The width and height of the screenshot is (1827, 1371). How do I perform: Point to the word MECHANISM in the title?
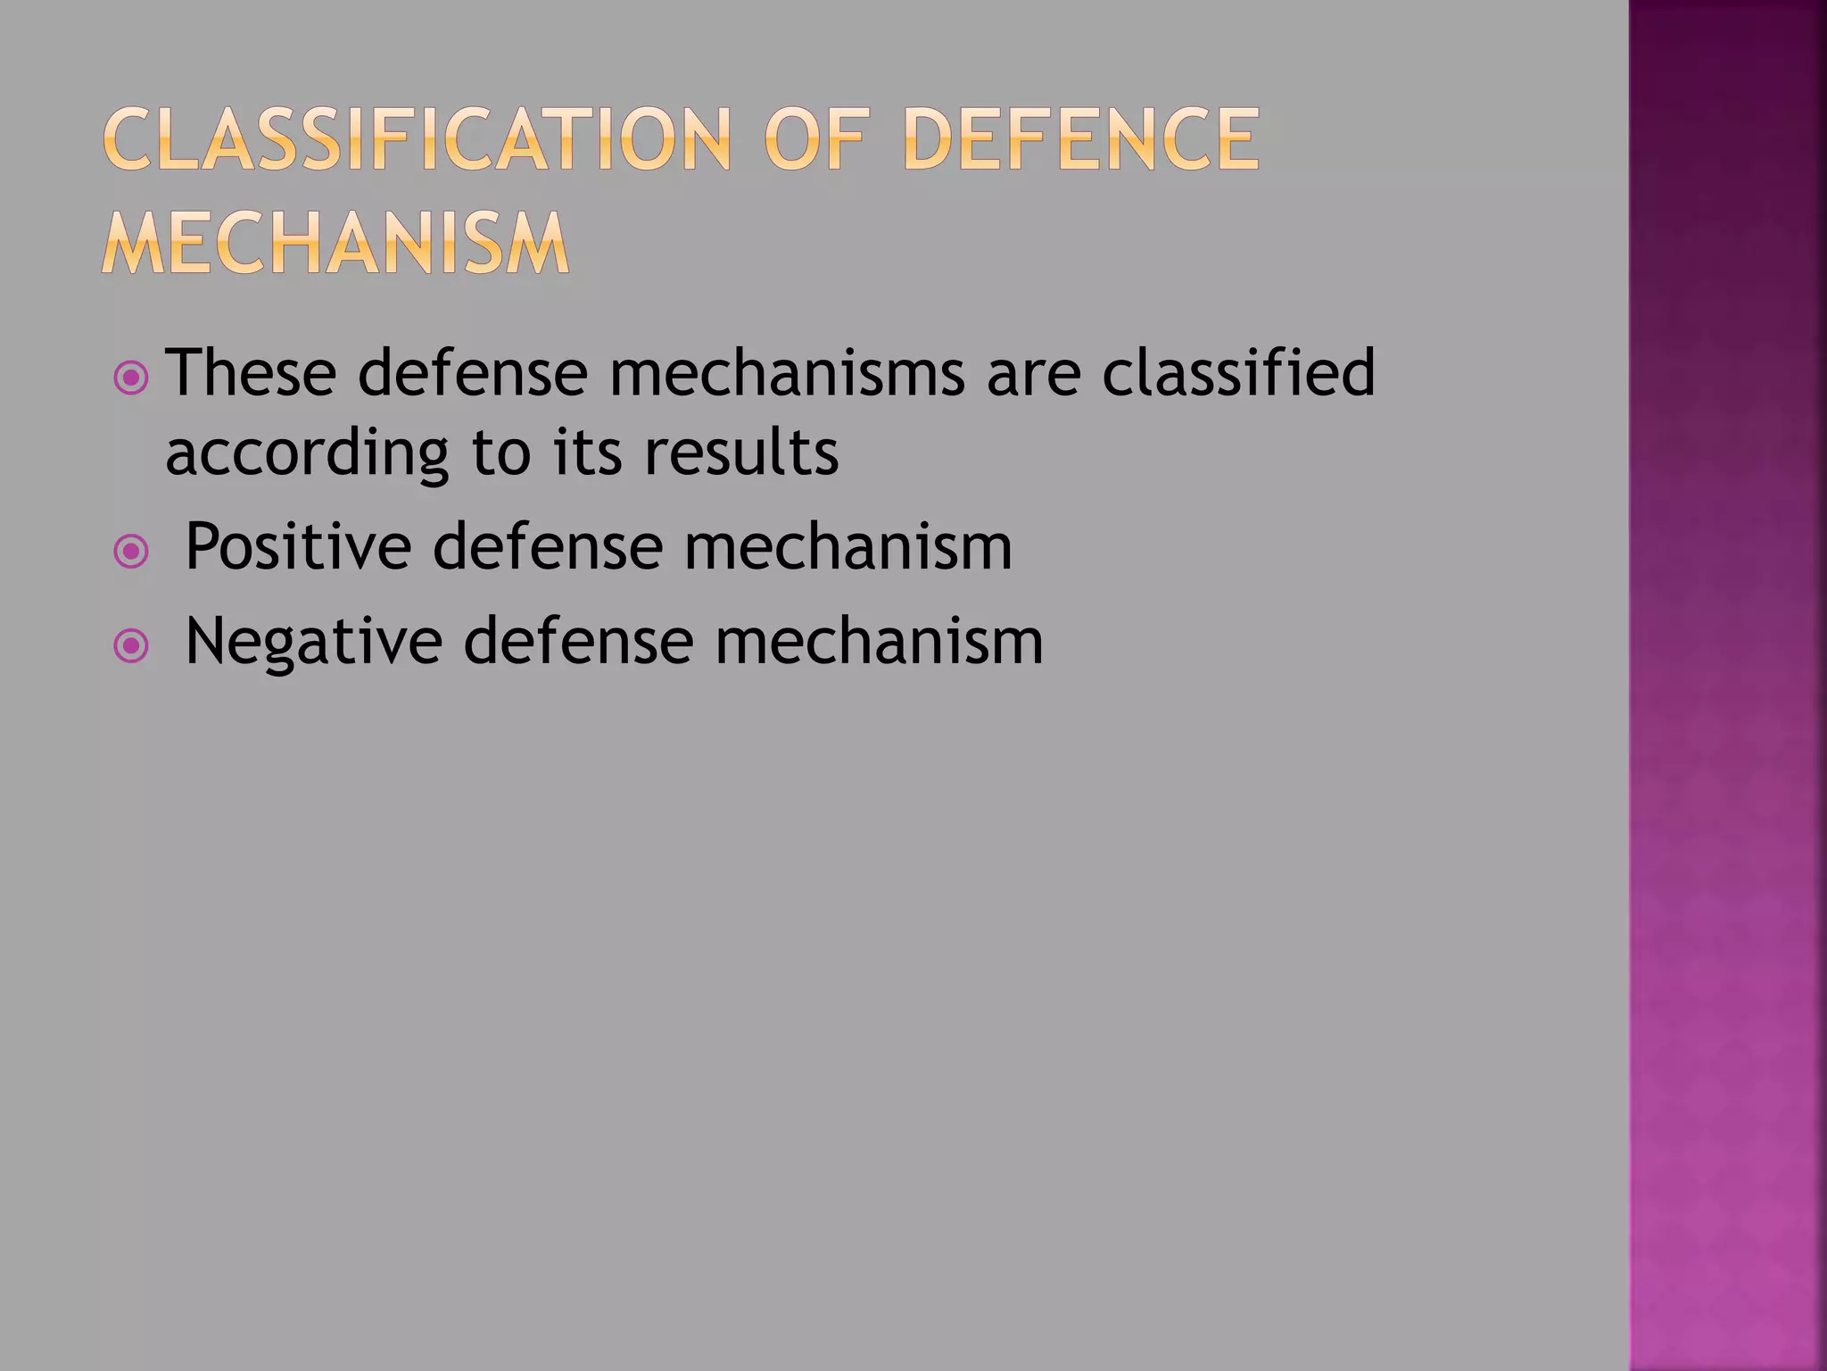[335, 243]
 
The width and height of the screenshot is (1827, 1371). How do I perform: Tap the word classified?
[1238, 371]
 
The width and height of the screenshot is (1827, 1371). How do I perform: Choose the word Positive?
[298, 546]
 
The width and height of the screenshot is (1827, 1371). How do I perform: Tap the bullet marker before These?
[132, 379]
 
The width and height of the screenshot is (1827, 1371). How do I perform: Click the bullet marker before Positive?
[132, 553]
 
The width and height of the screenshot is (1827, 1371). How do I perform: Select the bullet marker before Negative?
[132, 646]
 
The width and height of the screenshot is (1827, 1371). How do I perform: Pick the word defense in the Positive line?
[548, 546]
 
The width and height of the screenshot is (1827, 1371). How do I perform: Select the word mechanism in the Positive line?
[848, 546]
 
